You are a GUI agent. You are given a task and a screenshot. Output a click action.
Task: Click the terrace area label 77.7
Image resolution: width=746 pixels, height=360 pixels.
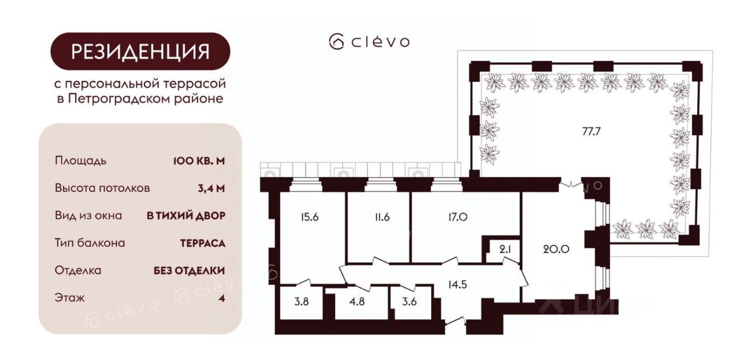click(x=591, y=132)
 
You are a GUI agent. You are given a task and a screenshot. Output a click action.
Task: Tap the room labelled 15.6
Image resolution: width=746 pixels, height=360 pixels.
click(x=309, y=217)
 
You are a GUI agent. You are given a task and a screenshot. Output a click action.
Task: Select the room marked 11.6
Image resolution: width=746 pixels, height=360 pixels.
click(x=382, y=217)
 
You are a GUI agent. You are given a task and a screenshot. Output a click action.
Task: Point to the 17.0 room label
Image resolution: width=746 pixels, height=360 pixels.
click(x=458, y=217)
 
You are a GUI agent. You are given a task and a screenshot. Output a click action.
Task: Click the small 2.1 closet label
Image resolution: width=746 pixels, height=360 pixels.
click(x=505, y=249)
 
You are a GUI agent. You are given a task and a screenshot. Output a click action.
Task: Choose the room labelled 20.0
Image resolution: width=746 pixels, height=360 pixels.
click(x=556, y=249)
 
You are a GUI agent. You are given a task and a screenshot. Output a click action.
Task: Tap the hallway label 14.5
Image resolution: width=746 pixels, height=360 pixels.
click(x=458, y=285)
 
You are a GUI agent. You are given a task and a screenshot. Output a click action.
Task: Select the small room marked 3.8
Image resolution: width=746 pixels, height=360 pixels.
click(x=301, y=302)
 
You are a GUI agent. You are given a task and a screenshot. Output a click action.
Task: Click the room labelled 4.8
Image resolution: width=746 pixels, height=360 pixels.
click(x=357, y=302)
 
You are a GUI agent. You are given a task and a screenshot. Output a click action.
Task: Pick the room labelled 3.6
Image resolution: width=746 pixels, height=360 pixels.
click(x=409, y=302)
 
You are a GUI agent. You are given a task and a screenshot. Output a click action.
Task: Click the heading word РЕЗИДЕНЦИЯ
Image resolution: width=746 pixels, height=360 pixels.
click(x=140, y=52)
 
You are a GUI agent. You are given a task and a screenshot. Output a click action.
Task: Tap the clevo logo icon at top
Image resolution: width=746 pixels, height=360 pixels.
click(x=336, y=42)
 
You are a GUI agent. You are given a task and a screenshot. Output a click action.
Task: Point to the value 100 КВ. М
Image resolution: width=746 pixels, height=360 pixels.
click(x=199, y=161)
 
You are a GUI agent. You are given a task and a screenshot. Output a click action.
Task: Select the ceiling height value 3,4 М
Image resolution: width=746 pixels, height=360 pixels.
click(x=211, y=189)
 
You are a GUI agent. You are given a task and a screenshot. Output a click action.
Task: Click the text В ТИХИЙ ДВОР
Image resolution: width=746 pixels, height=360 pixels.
click(x=186, y=216)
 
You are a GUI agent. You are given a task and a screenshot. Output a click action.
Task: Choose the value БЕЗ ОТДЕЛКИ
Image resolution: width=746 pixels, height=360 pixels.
click(x=189, y=270)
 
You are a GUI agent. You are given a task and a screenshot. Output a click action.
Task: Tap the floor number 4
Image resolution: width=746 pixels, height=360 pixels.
click(x=222, y=298)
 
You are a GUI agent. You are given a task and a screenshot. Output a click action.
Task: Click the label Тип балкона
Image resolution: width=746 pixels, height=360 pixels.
click(x=90, y=243)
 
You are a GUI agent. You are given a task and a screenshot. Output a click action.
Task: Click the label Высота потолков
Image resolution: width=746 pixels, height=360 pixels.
click(x=103, y=188)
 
